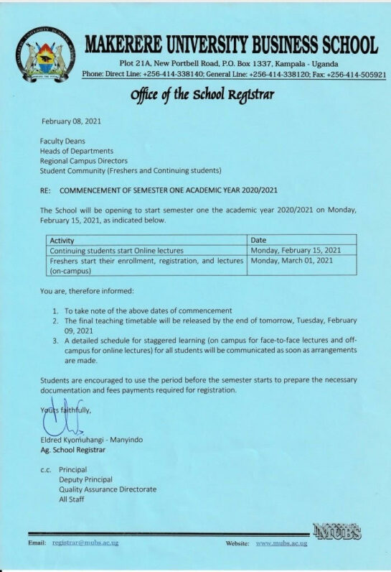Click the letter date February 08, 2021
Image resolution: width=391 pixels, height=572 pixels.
pos(71,121)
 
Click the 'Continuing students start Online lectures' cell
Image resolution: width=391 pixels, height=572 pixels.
pos(116,250)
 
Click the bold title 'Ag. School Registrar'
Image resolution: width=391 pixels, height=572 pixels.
pos(73,450)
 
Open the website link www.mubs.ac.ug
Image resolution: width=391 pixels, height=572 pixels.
pos(281,543)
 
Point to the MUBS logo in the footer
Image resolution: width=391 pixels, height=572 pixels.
pos(336,532)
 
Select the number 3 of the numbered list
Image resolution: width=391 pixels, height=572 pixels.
pos(57,339)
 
